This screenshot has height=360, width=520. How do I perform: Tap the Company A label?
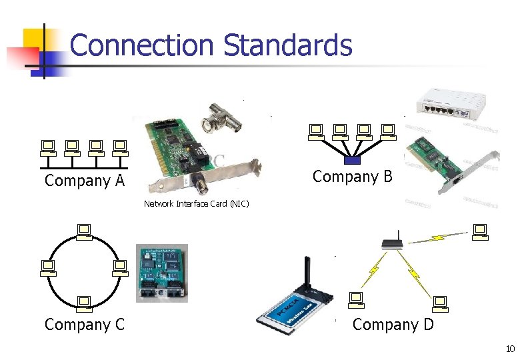[x=84, y=181]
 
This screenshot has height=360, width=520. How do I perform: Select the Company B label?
[x=353, y=177]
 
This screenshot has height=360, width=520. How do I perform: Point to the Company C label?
[x=84, y=325]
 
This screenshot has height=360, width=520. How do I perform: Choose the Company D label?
[x=393, y=325]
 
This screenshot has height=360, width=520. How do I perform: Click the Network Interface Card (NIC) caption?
[x=196, y=204]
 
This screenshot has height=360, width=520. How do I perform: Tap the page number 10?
[x=510, y=349]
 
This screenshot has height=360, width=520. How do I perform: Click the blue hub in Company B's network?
[x=352, y=160]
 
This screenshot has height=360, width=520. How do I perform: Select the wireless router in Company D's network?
[x=393, y=243]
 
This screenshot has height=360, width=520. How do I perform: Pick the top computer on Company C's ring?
[x=84, y=231]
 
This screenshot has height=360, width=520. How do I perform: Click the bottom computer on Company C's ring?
[x=84, y=304]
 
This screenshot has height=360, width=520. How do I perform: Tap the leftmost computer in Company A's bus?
[x=48, y=147]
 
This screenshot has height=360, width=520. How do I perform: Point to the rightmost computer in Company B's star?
[x=387, y=131]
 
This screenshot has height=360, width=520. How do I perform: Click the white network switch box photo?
[x=457, y=107]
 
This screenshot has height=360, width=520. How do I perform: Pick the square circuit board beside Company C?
[x=161, y=273]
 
